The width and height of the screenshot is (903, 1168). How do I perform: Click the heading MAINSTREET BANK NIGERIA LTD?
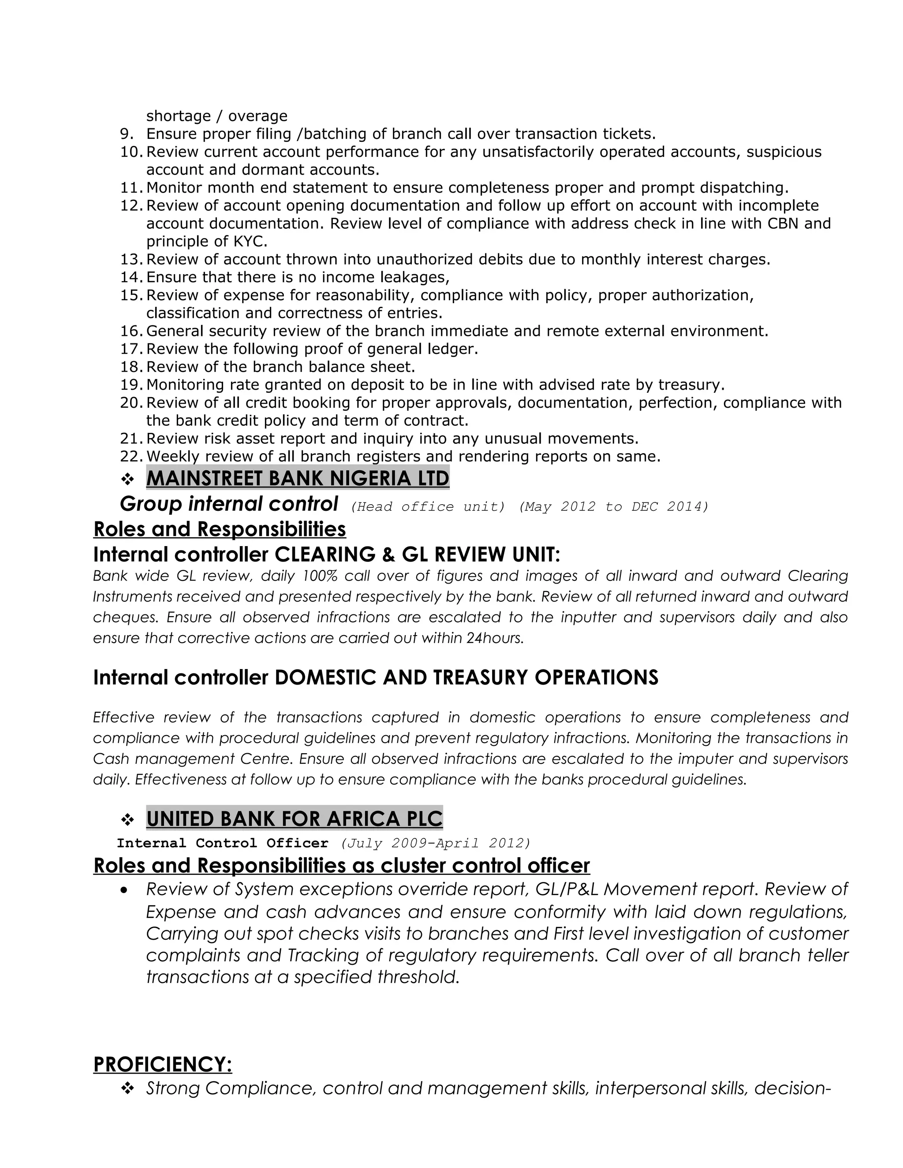pos(298,478)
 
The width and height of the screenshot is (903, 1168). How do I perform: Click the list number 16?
pos(131,331)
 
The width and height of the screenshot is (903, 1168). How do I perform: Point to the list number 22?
pos(131,456)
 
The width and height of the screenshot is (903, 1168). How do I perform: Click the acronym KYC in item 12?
pos(249,241)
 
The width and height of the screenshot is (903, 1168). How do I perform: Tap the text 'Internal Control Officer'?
pos(223,843)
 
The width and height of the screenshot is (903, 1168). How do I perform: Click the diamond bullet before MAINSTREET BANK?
pos(127,479)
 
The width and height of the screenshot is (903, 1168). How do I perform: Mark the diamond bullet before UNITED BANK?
pos(127,820)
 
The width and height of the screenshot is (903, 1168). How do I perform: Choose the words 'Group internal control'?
pos(229,504)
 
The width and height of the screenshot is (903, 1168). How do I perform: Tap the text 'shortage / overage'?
pos(216,115)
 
